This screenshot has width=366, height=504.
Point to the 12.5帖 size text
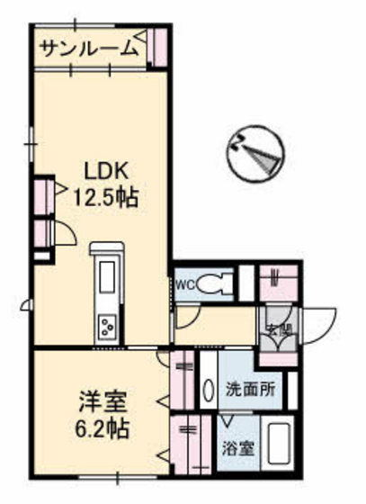coord(109,197)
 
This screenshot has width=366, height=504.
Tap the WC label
coord(184,284)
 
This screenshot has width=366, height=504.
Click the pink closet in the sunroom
coord(158,46)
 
